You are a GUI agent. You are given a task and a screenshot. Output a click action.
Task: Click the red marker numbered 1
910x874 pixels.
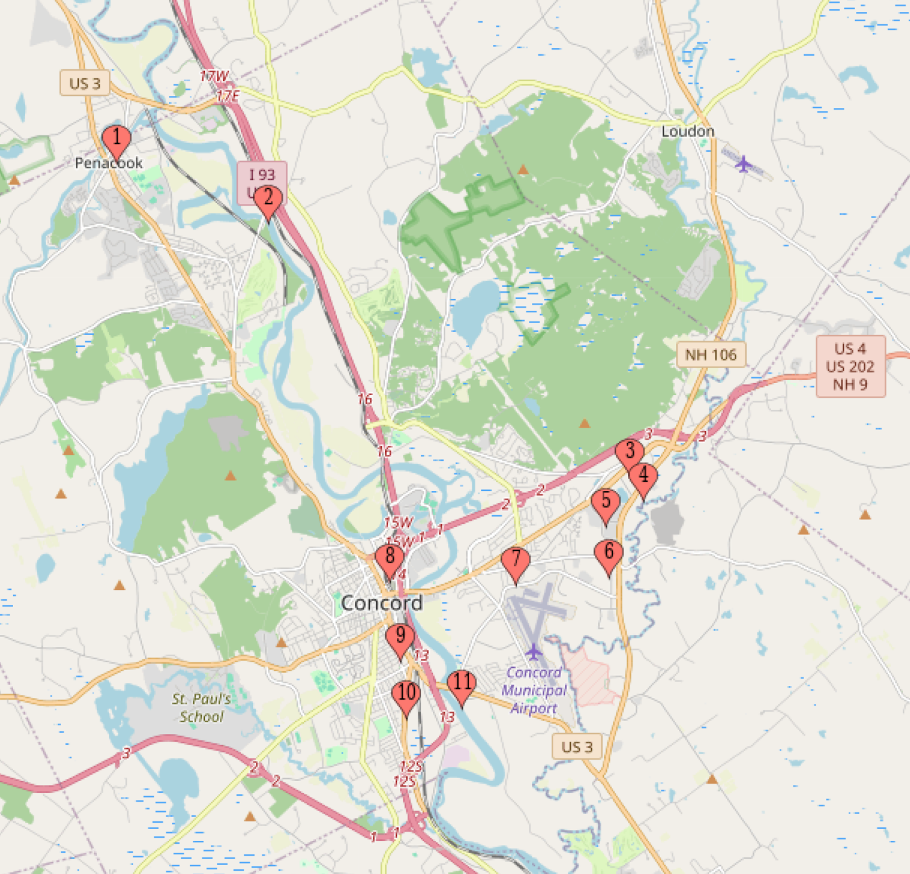(x=116, y=139)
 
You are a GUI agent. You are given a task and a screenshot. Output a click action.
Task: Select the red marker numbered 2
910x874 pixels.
(x=268, y=199)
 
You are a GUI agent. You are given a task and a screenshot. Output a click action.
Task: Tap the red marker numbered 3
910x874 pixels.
(x=630, y=452)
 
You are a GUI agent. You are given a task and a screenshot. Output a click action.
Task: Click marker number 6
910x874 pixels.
(x=608, y=554)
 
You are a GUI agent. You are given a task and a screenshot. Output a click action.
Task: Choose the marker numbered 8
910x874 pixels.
(x=389, y=558)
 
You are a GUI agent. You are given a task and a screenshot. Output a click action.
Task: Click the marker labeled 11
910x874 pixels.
(x=462, y=684)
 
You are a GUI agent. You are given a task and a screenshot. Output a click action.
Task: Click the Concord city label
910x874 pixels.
(x=382, y=603)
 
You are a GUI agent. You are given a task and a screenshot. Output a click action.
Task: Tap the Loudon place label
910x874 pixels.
(x=688, y=131)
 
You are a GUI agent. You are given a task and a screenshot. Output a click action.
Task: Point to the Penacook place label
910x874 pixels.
(x=108, y=163)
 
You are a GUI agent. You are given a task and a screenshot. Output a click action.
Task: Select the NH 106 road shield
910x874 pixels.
(x=711, y=355)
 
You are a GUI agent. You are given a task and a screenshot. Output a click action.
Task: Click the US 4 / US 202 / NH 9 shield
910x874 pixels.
(x=850, y=366)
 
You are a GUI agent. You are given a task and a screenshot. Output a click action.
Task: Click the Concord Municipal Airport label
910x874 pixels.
(x=534, y=690)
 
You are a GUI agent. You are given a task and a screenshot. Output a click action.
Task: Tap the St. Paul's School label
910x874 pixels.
(x=201, y=707)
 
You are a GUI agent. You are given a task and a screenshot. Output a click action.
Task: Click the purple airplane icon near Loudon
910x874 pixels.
(x=743, y=163)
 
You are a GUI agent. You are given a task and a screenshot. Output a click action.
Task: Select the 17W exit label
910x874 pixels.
(x=214, y=76)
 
